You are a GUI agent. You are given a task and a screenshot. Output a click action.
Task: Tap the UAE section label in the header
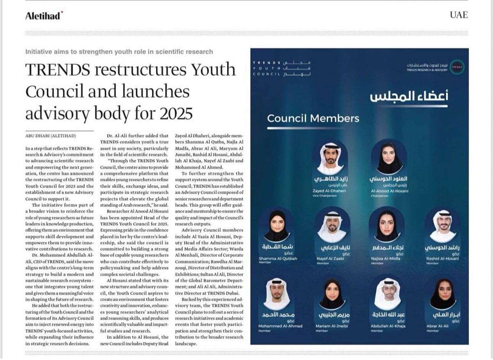click(459, 15)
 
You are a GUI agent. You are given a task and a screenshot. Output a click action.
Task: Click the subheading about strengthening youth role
click(119, 51)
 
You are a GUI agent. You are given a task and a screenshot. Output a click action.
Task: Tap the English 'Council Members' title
click(313, 119)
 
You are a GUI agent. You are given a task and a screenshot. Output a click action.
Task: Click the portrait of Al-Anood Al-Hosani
click(388, 158)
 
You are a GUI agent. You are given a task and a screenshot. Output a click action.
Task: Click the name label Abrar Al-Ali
click(442, 326)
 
